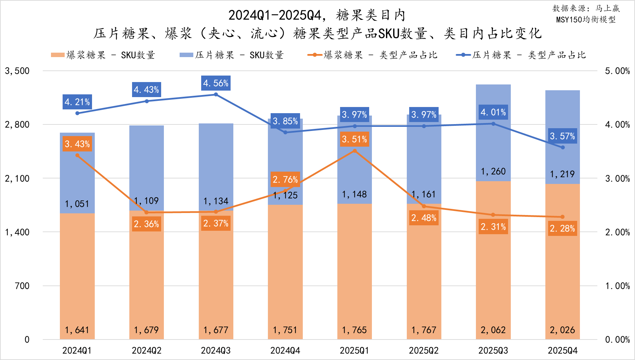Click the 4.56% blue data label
pyautogui.click(x=216, y=83)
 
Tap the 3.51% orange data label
pyautogui.click(x=354, y=139)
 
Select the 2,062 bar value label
pyautogui.click(x=493, y=330)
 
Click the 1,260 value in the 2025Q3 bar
pyautogui.click(x=493, y=171)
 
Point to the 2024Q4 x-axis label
pyautogui.click(x=285, y=350)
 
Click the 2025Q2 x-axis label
pyautogui.click(x=424, y=350)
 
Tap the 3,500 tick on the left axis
pyautogui.click(x=17, y=71)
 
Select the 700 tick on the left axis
pyautogui.click(x=22, y=286)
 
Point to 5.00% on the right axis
pyautogui.click(x=617, y=71)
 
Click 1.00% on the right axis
pyautogui.click(x=617, y=286)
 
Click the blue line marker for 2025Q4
pyautogui.click(x=562, y=147)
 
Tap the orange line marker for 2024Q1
pyautogui.click(x=77, y=155)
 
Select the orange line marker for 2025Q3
pyautogui.click(x=493, y=215)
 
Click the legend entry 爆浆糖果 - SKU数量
pyautogui.click(x=103, y=55)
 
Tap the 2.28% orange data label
pyautogui.click(x=562, y=228)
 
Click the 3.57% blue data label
pyautogui.click(x=562, y=136)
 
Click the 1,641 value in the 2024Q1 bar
pyautogui.click(x=77, y=330)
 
